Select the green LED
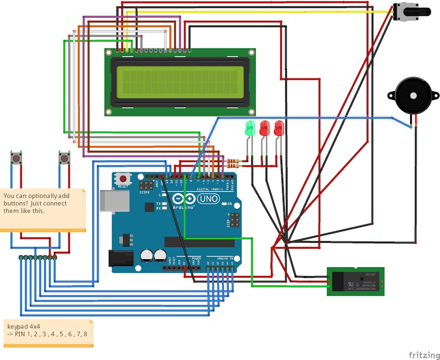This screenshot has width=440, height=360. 249,129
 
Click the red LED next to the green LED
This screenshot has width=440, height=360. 264,128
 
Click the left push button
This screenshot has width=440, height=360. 17,158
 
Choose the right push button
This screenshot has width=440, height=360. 64,158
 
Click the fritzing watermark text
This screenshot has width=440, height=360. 424,355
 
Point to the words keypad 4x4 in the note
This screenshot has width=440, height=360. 23,326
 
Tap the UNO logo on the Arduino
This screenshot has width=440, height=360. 208,199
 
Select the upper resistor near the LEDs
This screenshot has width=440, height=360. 233,160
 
